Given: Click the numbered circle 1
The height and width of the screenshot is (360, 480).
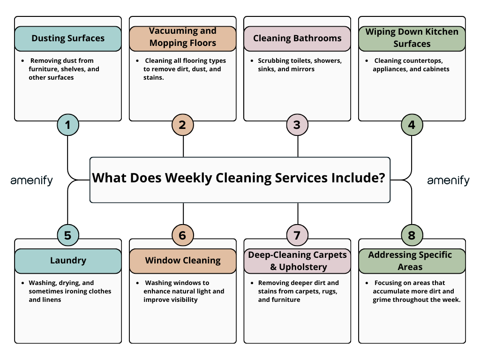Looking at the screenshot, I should [68, 125].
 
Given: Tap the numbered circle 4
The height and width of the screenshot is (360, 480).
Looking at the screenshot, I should [412, 125].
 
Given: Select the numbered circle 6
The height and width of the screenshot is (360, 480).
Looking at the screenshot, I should [182, 235].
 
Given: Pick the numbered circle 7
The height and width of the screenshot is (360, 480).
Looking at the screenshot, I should [297, 235].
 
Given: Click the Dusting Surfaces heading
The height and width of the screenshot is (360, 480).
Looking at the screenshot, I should [68, 38].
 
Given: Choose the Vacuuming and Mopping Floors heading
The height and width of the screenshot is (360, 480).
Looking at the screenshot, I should [183, 37].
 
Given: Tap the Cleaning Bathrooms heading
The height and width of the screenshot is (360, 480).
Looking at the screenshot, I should [297, 38].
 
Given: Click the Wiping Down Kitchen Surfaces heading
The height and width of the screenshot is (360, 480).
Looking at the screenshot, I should [412, 37].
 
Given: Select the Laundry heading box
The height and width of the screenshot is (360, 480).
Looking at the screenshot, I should [68, 261].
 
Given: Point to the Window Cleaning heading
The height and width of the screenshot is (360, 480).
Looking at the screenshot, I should [183, 261].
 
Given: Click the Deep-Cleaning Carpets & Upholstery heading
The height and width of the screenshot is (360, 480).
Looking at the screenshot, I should [297, 261].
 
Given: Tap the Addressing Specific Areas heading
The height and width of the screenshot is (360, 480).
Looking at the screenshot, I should [412, 261].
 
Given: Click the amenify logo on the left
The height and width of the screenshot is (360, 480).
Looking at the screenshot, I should [32, 180].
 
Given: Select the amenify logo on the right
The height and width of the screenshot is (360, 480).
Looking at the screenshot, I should [448, 180].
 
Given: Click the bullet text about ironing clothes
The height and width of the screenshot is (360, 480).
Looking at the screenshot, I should [69, 291].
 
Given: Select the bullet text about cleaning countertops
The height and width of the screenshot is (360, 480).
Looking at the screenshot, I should [411, 65].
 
